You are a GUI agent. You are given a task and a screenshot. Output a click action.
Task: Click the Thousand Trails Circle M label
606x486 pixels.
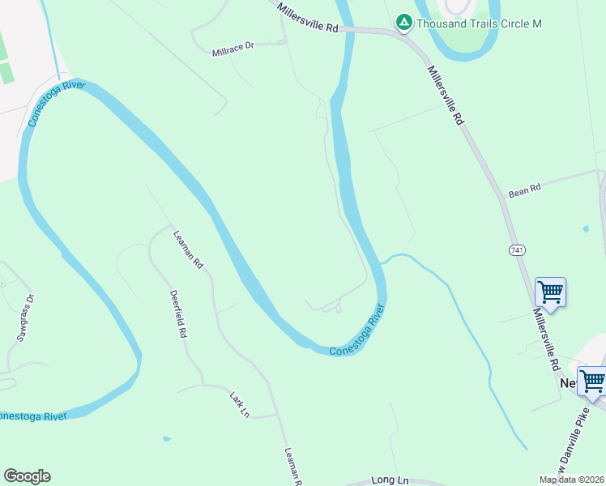pos(479,23)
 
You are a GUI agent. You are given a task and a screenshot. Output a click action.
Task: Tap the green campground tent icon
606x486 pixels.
pos(403,23)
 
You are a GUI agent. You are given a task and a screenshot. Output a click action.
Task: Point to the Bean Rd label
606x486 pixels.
pos(524,191)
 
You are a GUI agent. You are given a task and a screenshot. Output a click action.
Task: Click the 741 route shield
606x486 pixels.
pos(517,250)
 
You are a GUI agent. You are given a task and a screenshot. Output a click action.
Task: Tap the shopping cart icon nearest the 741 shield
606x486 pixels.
pos(550,291)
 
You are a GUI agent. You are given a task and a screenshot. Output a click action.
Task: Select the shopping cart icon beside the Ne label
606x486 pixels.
pos(592,380)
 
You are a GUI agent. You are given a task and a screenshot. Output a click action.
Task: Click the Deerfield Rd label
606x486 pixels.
pos(178,314)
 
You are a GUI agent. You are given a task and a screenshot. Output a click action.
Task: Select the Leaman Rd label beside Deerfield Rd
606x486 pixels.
pos(188,250)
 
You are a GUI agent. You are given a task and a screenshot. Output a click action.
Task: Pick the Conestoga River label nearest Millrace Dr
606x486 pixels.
pos(57,103)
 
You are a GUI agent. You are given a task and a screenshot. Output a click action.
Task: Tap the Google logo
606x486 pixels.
pos(27,476)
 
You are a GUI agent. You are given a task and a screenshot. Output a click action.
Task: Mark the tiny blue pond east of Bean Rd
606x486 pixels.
pos(586,229)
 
